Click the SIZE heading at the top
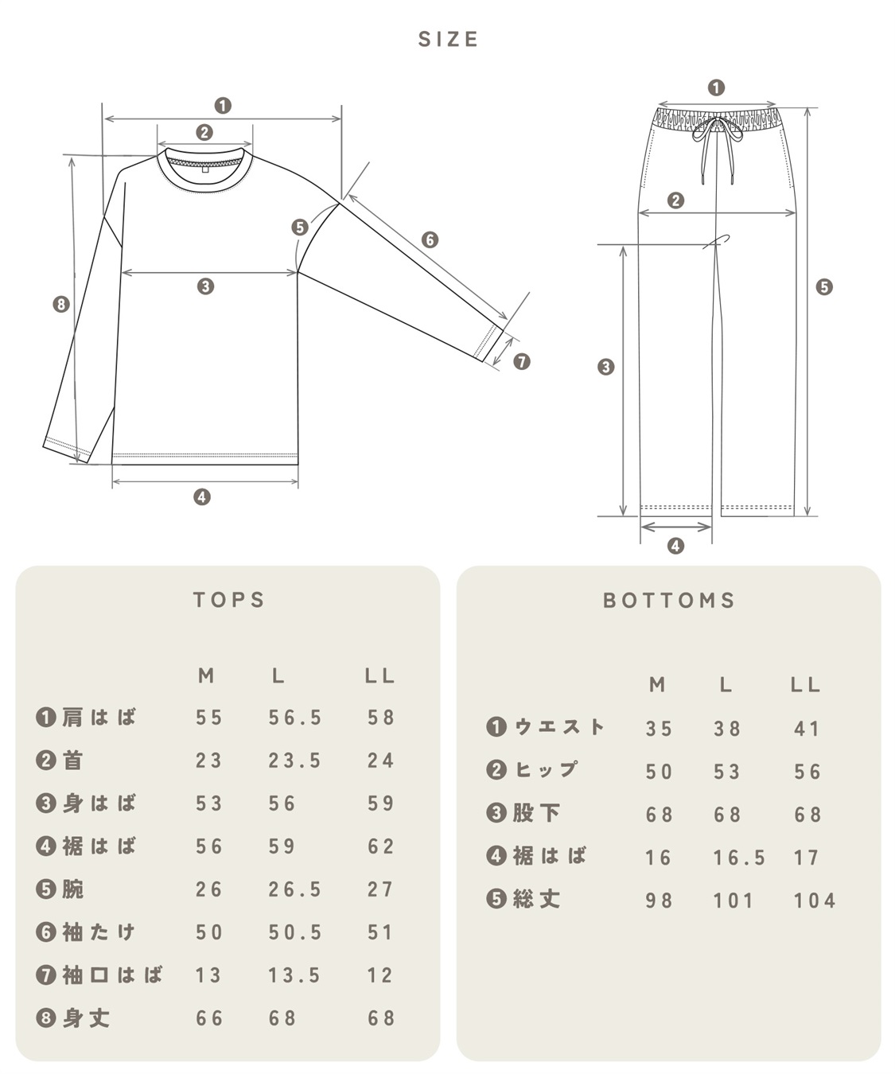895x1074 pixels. (448, 40)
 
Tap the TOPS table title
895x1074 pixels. (228, 600)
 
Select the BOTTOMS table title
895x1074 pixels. (669, 601)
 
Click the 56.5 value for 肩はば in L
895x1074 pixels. (294, 718)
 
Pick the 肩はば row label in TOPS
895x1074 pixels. (87, 718)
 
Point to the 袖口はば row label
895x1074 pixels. (100, 975)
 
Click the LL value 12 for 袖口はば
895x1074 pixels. (380, 975)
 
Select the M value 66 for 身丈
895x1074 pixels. (209, 1018)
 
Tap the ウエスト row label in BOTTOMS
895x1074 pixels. (547, 727)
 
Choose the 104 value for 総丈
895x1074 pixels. (814, 901)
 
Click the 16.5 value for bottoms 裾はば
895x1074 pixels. (738, 858)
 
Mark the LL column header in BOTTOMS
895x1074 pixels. (805, 685)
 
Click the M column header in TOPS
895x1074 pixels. (206, 676)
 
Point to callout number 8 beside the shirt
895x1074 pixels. (61, 304)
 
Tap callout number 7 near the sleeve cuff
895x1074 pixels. (521, 362)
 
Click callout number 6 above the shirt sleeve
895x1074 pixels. (430, 239)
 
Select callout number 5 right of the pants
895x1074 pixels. (824, 287)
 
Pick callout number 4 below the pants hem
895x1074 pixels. (675, 547)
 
